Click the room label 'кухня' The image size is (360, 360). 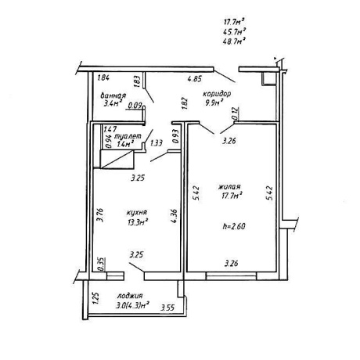(x=137, y=213)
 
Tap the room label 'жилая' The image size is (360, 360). (x=229, y=187)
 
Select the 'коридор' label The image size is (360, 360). (x=217, y=94)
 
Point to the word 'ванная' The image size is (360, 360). (x=113, y=95)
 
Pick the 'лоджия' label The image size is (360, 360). (x=130, y=296)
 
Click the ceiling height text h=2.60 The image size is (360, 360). (x=234, y=226)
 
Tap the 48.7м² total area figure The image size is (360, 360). (x=235, y=41)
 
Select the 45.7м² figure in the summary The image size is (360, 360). (x=235, y=31)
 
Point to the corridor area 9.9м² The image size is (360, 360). (x=214, y=103)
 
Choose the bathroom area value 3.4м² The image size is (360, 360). (x=113, y=104)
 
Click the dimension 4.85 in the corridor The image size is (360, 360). (x=195, y=79)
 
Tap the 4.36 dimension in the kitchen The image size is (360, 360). (x=175, y=216)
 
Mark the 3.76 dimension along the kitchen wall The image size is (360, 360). (x=100, y=215)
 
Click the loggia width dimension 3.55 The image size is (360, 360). (x=167, y=308)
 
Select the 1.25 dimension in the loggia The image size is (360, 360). (x=95, y=298)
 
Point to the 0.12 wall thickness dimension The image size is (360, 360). (x=236, y=113)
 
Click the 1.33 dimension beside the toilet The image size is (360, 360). (x=157, y=143)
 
